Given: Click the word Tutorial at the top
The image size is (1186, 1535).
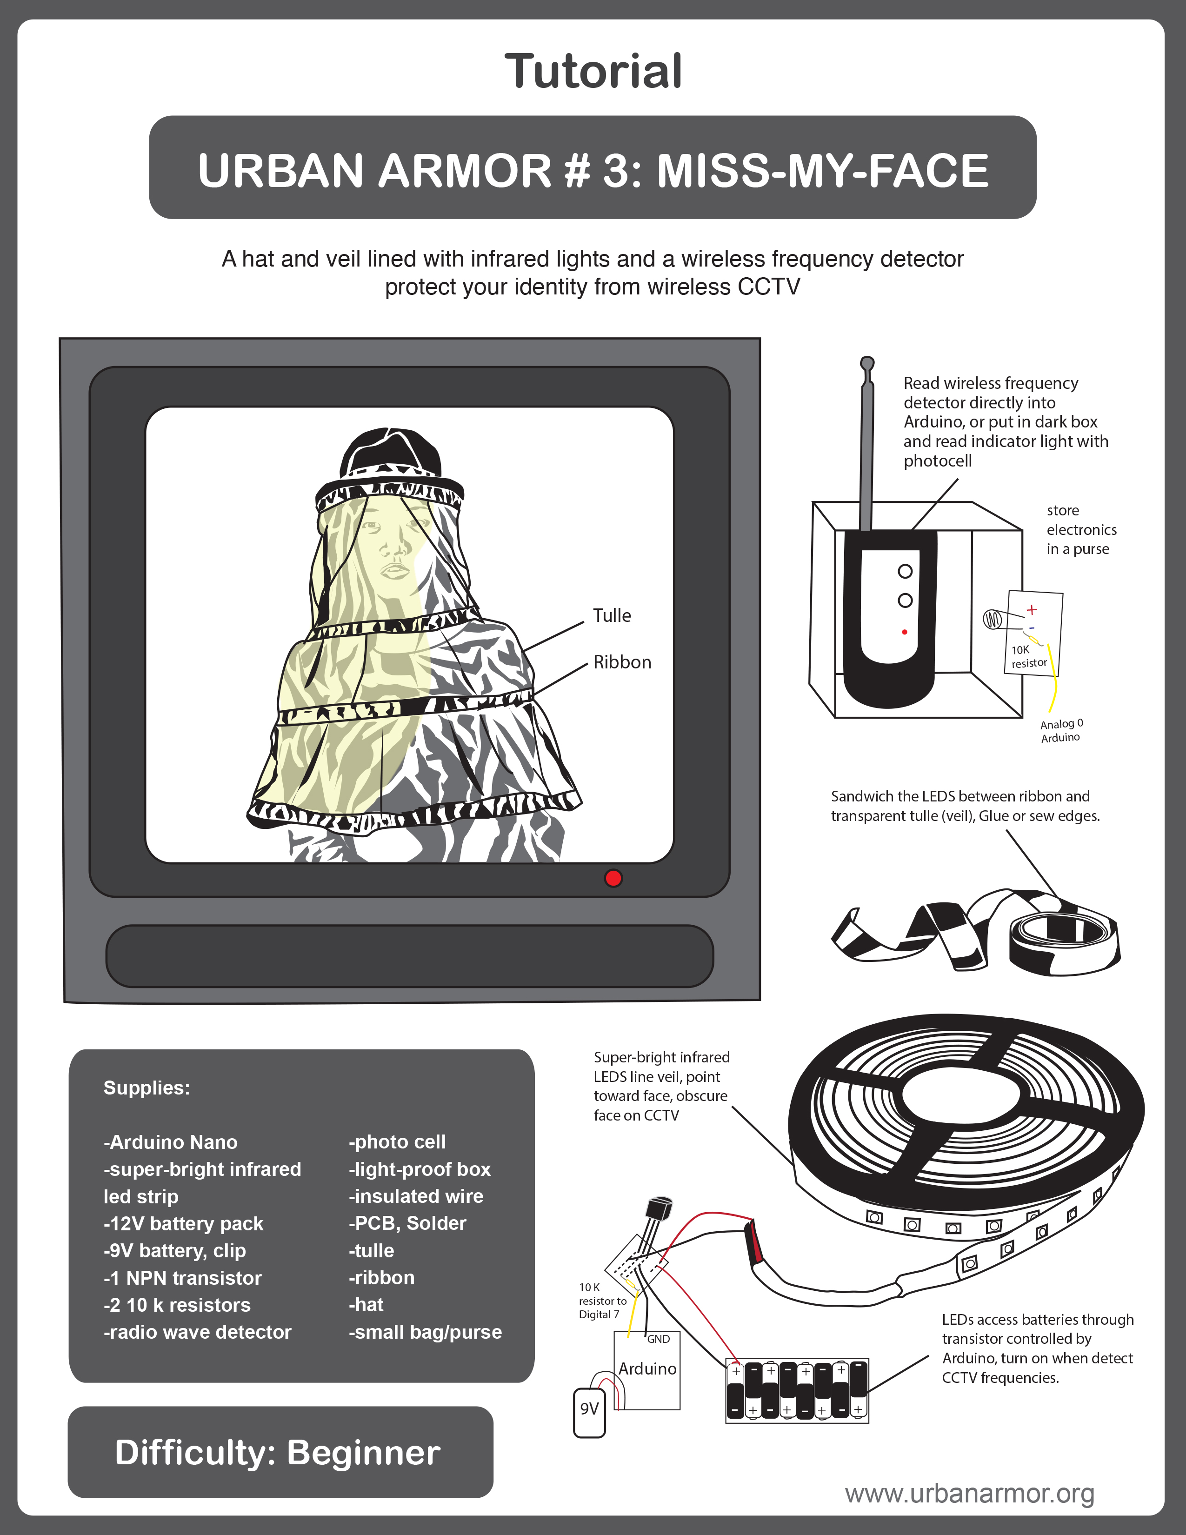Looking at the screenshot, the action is pyautogui.click(x=593, y=71).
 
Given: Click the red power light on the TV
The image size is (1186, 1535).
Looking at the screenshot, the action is pyautogui.click(x=613, y=878).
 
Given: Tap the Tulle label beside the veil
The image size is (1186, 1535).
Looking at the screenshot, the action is pyautogui.click(x=612, y=616).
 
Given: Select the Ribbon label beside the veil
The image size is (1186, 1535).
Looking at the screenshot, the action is pyautogui.click(x=622, y=662).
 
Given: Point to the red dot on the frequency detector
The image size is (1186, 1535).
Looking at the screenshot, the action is pyautogui.click(x=904, y=632).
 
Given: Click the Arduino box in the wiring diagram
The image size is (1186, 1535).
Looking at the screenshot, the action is pyautogui.click(x=647, y=1370).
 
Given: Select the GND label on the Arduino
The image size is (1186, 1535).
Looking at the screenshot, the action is pyautogui.click(x=658, y=1339).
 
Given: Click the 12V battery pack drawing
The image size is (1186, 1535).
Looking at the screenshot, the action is pyautogui.click(x=797, y=1390).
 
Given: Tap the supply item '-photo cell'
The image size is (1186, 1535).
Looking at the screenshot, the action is pyautogui.click(x=397, y=1142).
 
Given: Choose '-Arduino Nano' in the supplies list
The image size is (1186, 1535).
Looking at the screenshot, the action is pyautogui.click(x=171, y=1142).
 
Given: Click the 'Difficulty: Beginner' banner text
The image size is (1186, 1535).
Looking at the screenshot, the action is pyautogui.click(x=278, y=1453).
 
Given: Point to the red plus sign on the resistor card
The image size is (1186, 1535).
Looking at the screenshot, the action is pyautogui.click(x=1032, y=609).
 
